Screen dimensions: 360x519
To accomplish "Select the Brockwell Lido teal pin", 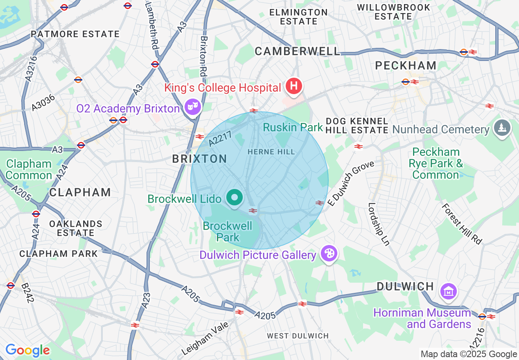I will [235, 198].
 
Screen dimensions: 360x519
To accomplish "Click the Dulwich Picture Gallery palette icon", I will [329, 254].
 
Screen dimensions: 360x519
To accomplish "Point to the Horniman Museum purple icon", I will [448, 292].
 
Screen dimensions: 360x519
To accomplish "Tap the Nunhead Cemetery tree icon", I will [501, 128].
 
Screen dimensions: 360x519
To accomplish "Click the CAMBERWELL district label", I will [297, 51].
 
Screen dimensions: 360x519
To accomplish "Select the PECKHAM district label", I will [406, 65].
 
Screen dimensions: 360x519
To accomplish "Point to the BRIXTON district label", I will [199, 159].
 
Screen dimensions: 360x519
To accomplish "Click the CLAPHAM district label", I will [80, 192].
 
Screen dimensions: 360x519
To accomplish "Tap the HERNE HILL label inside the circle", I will [271, 152].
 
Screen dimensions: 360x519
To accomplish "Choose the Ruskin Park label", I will [293, 127].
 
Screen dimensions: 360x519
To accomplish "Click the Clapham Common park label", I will [29, 170].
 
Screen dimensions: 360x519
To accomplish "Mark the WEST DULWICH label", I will [298, 336].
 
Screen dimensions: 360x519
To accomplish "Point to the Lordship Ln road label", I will [379, 224].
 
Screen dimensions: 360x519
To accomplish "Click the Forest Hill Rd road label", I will [462, 223].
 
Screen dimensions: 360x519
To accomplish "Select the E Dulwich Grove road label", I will [351, 183].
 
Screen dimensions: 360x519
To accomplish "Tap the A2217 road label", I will [220, 138].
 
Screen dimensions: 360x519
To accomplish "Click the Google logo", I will [27, 351].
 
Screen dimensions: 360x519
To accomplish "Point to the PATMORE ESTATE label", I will [75, 34].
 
